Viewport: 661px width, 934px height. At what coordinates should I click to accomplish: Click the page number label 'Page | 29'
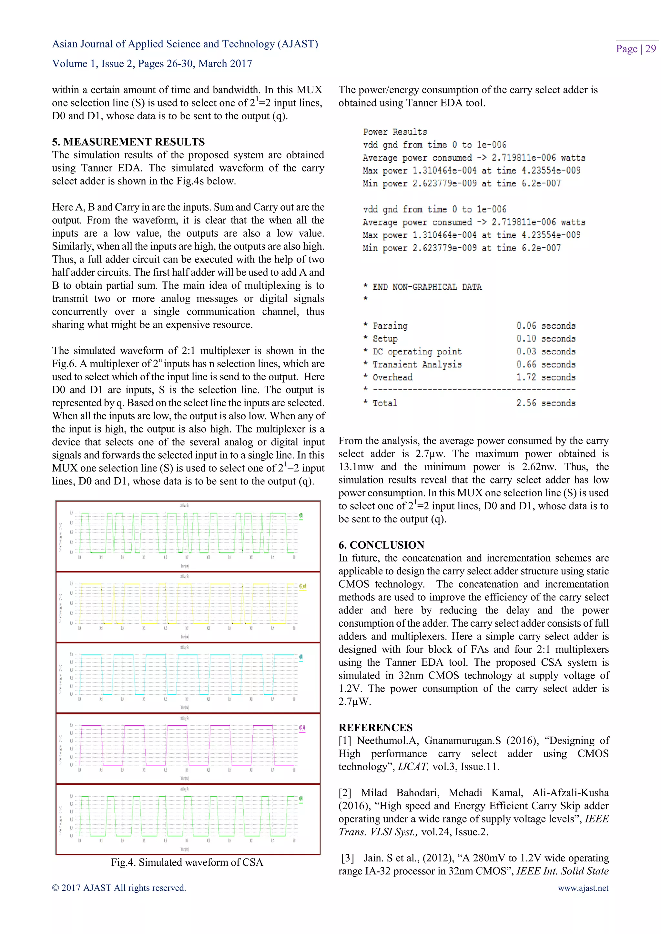point(636,49)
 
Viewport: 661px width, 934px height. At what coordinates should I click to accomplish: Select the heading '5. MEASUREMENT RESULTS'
point(128,142)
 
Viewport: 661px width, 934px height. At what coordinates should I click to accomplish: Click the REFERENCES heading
point(375,727)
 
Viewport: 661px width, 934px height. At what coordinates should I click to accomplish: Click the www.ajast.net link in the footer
point(583,888)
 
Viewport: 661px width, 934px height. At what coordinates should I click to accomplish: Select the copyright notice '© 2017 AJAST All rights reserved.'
point(119,888)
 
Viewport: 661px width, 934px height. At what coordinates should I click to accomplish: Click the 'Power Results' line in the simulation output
point(395,132)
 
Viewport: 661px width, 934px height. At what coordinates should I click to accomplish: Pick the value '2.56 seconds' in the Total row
point(545,403)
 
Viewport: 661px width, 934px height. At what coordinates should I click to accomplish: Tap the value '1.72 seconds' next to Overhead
point(545,378)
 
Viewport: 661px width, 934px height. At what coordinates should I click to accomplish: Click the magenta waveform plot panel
point(188,749)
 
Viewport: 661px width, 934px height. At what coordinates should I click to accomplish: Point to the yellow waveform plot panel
point(188,607)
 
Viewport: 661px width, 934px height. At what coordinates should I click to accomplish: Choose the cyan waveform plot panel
point(188,678)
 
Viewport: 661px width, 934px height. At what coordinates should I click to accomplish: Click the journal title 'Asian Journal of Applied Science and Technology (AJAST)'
point(185,44)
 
